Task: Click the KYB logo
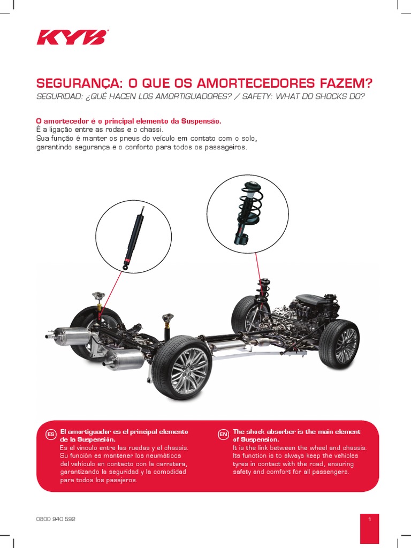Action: point(72,37)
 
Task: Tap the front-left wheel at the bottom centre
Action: point(182,368)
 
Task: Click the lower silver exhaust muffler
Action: point(124,359)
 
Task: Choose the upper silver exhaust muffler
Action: point(72,336)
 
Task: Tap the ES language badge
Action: point(51,434)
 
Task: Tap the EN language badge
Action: point(223,434)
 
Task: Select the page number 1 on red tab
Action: point(369,519)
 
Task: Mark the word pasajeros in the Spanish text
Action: point(120,480)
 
